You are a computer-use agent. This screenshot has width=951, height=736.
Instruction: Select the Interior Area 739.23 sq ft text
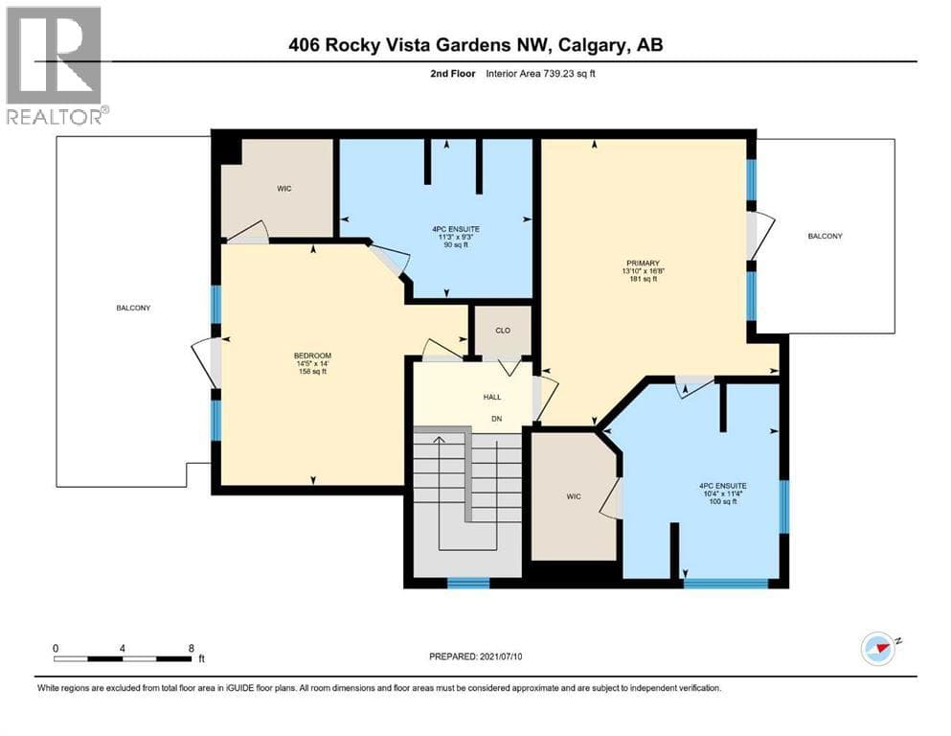[540, 74]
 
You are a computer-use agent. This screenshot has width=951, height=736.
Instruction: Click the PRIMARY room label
[643, 264]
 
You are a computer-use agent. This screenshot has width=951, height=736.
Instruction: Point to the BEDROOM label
[312, 356]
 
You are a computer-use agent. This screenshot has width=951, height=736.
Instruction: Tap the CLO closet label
[503, 331]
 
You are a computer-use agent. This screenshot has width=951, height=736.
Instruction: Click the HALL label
[492, 397]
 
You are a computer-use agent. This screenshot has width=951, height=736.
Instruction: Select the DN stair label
[497, 419]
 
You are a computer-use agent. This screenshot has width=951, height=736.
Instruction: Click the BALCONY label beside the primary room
[825, 236]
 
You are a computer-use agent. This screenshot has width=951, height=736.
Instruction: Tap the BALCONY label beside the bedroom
[133, 308]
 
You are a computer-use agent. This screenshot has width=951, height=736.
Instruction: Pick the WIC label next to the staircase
[573, 496]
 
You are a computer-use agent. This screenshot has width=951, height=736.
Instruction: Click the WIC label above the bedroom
[283, 189]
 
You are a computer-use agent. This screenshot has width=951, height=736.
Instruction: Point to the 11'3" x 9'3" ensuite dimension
[456, 237]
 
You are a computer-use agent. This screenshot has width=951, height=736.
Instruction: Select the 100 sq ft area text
[722, 501]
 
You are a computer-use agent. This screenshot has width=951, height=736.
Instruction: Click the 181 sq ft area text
[643, 279]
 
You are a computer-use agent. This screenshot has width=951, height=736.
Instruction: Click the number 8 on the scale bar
[191, 648]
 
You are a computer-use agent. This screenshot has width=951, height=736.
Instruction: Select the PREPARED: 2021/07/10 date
[475, 656]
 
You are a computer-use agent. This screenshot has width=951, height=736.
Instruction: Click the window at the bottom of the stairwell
[468, 583]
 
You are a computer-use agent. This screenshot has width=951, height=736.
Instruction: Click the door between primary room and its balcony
[759, 235]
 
